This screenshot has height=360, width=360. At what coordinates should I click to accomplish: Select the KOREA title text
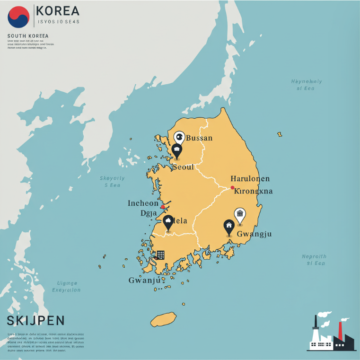[x=58, y=11]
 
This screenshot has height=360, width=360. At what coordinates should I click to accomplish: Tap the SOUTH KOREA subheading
[x=28, y=36]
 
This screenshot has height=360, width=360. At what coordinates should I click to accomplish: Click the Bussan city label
[x=199, y=138]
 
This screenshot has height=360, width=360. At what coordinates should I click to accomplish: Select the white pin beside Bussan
[x=179, y=138]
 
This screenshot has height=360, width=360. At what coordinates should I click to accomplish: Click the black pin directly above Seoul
[x=177, y=151]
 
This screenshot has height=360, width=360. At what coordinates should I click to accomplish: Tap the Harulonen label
[x=250, y=179]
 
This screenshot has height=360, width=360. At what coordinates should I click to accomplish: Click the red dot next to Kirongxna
[x=232, y=188]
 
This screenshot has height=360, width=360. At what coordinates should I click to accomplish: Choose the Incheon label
[x=143, y=203]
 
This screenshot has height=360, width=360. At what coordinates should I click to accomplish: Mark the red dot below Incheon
[x=163, y=207]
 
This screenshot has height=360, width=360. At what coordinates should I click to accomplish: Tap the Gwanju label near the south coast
[x=144, y=280]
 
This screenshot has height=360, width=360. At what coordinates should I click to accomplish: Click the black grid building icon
[x=160, y=255]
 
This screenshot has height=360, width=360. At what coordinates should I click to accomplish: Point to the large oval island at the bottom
[x=163, y=319]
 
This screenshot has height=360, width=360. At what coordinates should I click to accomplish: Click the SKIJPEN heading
[x=36, y=321]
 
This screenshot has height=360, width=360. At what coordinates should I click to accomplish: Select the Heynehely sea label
[x=306, y=85]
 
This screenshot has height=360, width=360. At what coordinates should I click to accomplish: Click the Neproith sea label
[x=314, y=260]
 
